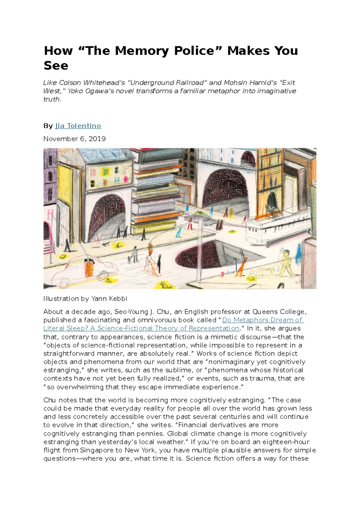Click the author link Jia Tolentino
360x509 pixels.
coord(78,126)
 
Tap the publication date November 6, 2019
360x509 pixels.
coord(74,139)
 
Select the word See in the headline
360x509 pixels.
coord(56,65)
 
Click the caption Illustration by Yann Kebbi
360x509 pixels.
coord(85,299)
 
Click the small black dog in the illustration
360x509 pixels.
coord(105,244)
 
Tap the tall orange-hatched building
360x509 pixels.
coord(270,183)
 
